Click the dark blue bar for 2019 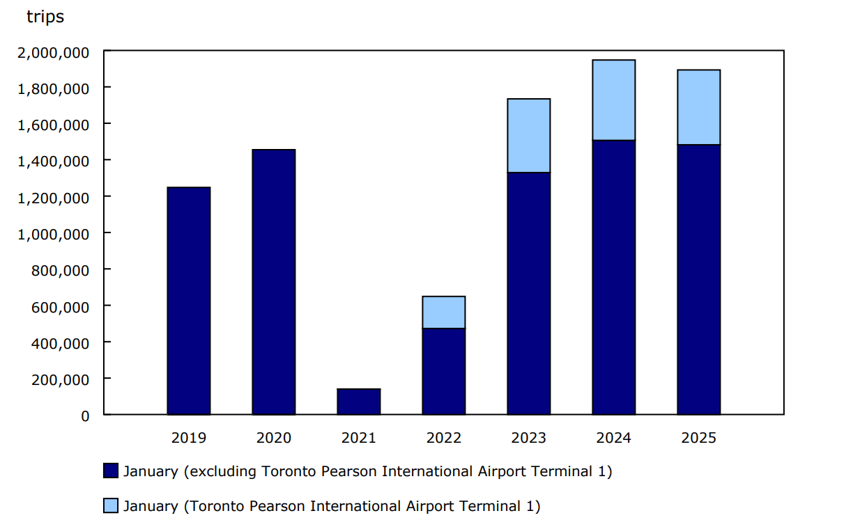(x=188, y=301)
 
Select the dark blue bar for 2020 (x=273, y=282)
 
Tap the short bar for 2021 (x=358, y=402)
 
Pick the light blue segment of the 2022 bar (x=443, y=312)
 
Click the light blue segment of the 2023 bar (x=528, y=135)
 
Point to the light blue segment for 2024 (x=613, y=100)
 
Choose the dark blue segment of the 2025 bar (x=698, y=279)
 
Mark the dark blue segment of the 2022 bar (x=443, y=371)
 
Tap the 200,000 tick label (x=60, y=379)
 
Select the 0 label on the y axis (x=85, y=416)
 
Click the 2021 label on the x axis (x=358, y=438)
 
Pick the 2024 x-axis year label (x=613, y=438)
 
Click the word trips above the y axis (x=45, y=17)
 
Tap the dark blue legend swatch (x=111, y=471)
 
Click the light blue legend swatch (x=111, y=506)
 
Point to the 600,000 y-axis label (x=60, y=306)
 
